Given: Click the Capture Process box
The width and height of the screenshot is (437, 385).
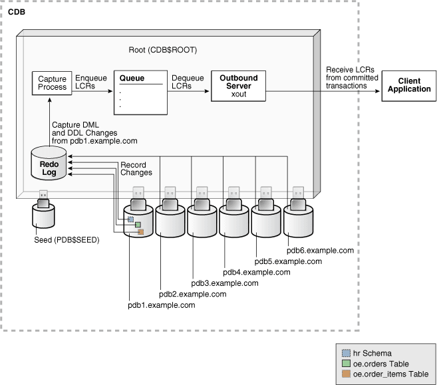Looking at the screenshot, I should click(53, 82).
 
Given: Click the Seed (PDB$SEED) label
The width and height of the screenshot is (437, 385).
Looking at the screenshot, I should click(67, 240).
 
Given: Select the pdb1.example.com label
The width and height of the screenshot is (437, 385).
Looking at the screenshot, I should click(162, 305).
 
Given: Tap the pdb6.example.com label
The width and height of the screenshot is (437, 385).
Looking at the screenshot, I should click(320, 251).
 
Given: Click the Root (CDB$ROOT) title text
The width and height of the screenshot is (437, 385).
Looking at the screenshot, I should click(163, 50).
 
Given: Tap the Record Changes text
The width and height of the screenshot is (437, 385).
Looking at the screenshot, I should click(136, 168).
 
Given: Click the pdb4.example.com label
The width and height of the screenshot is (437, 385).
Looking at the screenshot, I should click(257, 272).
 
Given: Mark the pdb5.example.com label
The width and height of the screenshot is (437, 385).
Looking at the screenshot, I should click(289, 261).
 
